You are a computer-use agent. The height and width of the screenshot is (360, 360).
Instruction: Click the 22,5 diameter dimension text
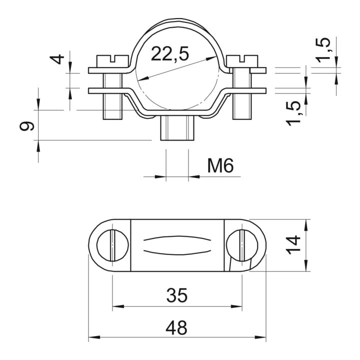(x=170, y=54)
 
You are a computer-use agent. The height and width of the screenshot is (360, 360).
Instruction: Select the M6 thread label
(x=220, y=166)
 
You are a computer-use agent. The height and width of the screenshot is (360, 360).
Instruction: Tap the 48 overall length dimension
(x=176, y=328)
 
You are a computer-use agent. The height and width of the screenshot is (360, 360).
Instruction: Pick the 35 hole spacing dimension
(x=177, y=295)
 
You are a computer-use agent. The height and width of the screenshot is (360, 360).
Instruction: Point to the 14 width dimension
(x=293, y=245)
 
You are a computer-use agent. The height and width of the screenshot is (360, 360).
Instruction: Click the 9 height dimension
(x=27, y=126)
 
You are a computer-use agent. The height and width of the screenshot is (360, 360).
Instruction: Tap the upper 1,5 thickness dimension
(x=323, y=50)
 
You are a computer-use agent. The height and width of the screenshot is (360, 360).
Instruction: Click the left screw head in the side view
(x=112, y=61)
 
